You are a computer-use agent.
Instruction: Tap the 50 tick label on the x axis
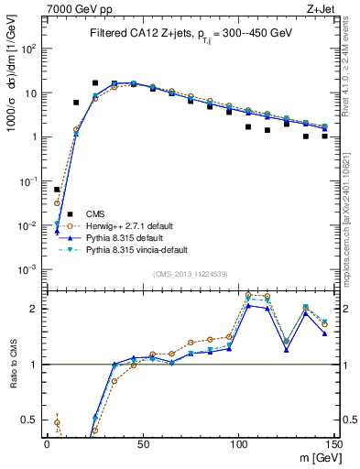pos(142,442)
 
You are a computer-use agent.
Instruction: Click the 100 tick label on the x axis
pos(238,442)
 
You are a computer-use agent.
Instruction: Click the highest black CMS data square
pos(95,82)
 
